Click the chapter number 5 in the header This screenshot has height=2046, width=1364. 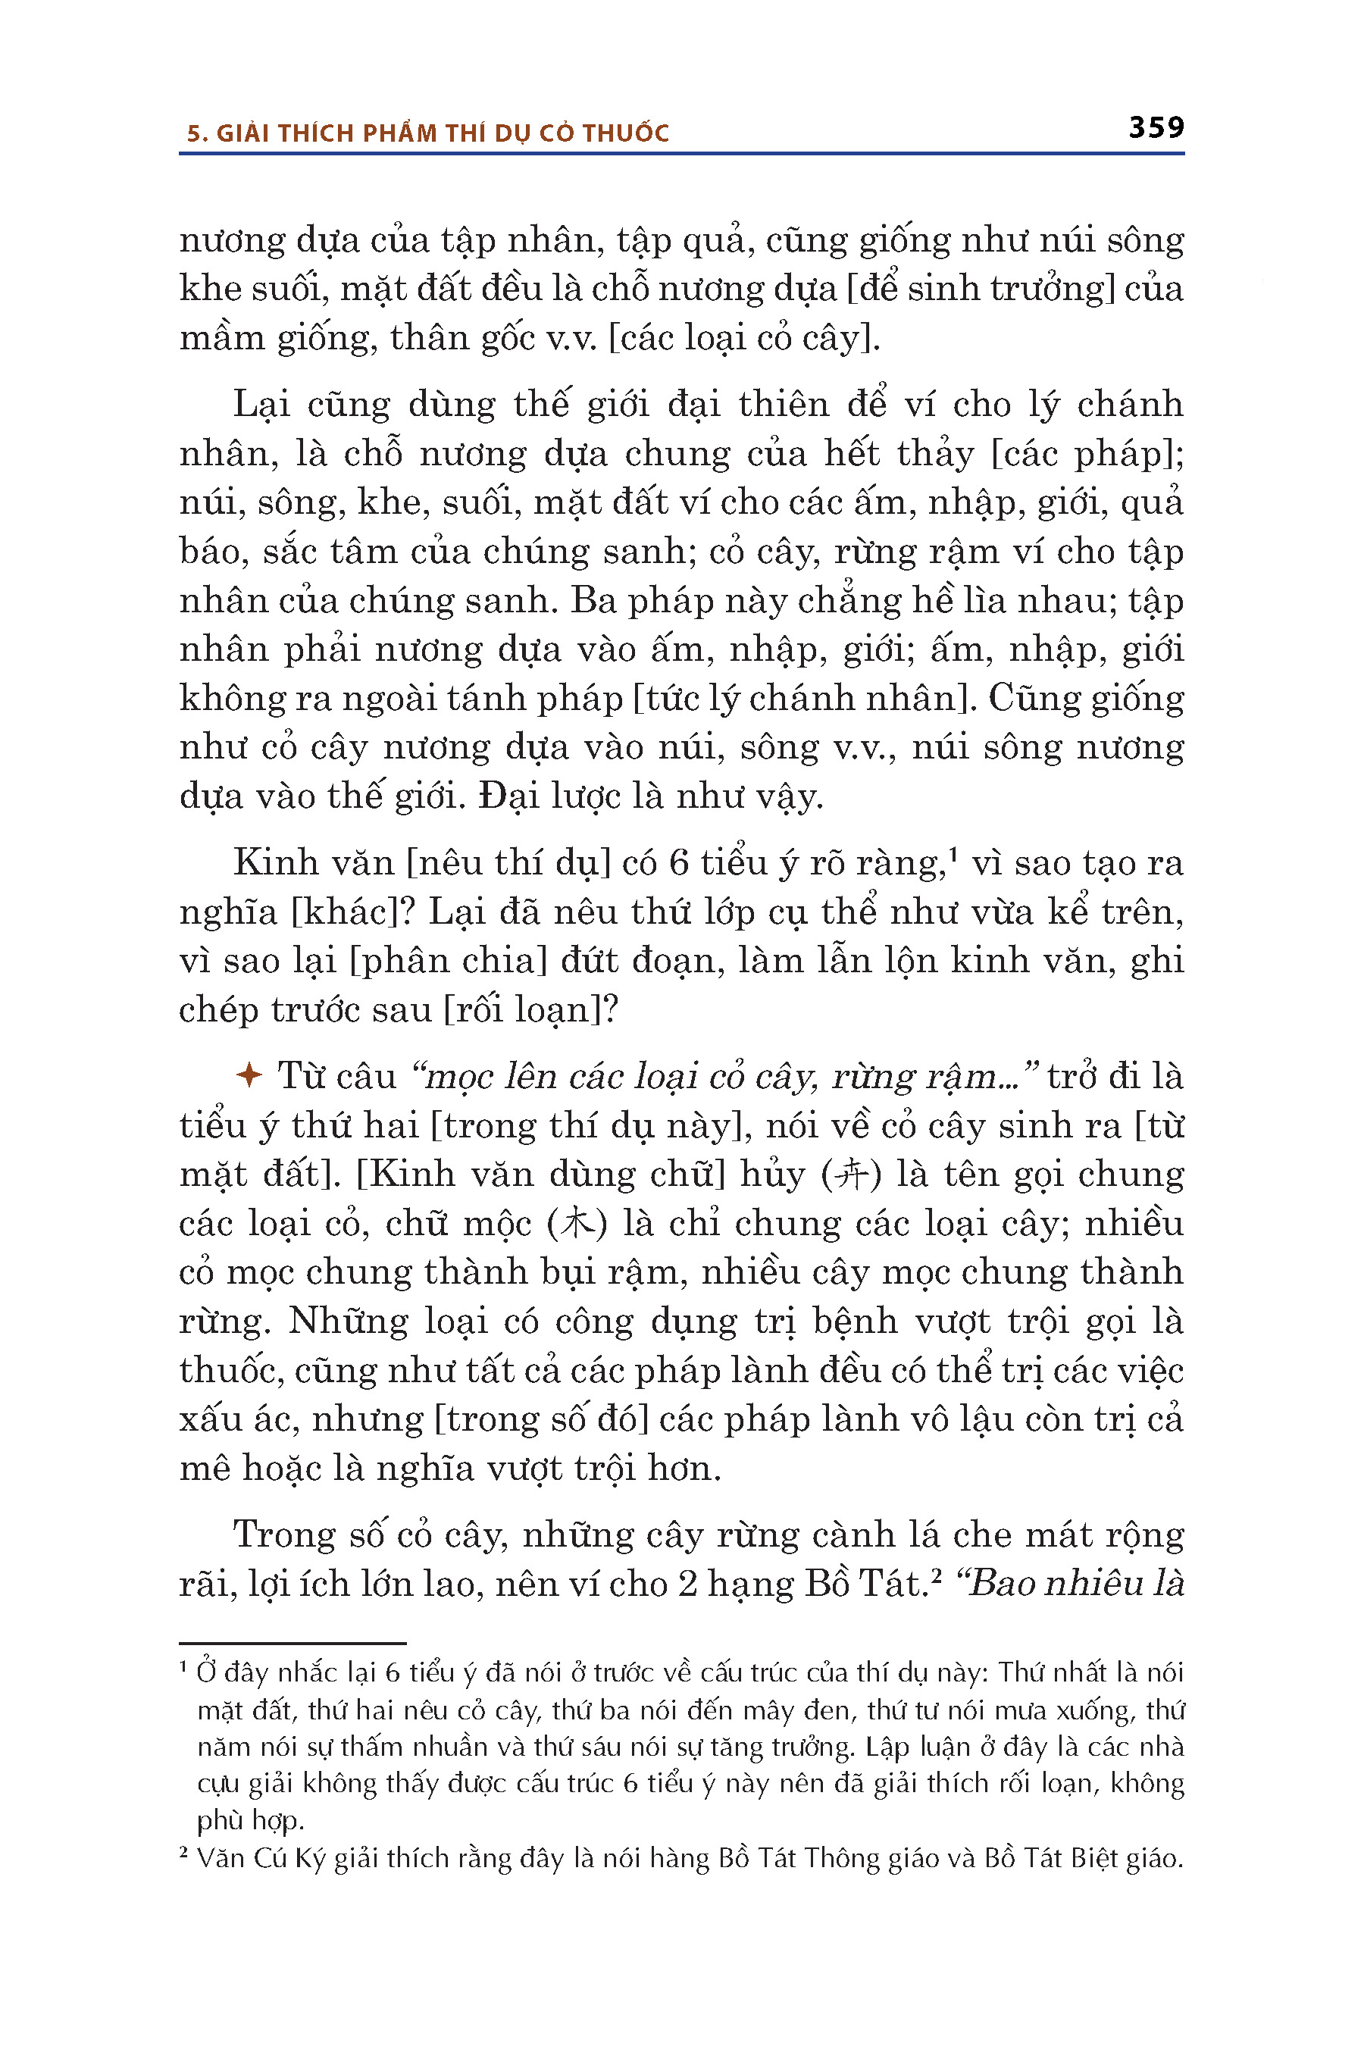(x=195, y=133)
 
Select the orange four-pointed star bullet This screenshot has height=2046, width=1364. (x=249, y=1075)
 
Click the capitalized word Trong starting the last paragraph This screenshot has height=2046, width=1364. (x=283, y=1535)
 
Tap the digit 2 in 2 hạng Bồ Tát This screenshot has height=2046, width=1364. (x=687, y=1584)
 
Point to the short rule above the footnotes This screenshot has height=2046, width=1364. (x=293, y=1643)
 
